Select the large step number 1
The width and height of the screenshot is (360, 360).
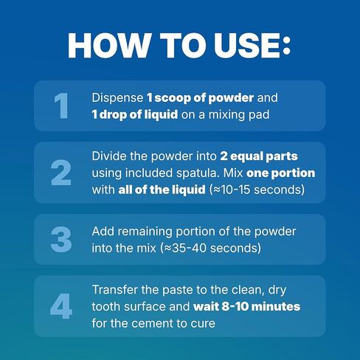62,105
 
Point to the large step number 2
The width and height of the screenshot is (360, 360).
62,173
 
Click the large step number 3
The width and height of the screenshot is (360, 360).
62,240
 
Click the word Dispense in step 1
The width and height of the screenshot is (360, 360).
116,98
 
